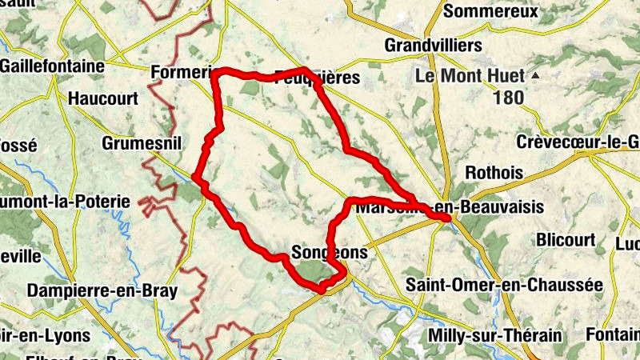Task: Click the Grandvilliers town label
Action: coord(433,45)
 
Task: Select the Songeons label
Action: coord(330,252)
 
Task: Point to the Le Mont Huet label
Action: coord(470,77)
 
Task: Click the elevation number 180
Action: coord(508,98)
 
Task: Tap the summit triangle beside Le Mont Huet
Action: coord(535,75)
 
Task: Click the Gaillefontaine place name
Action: coord(52,66)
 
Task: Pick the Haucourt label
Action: coord(103,99)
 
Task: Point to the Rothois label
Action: coord(494,173)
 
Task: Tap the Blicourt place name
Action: coord(566,240)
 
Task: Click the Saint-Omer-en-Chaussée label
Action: coord(504,284)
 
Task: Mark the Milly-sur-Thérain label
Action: coord(494,334)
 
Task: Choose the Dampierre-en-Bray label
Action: coord(102,291)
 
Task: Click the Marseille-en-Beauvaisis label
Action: coord(450,208)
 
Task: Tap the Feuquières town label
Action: coord(317,78)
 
